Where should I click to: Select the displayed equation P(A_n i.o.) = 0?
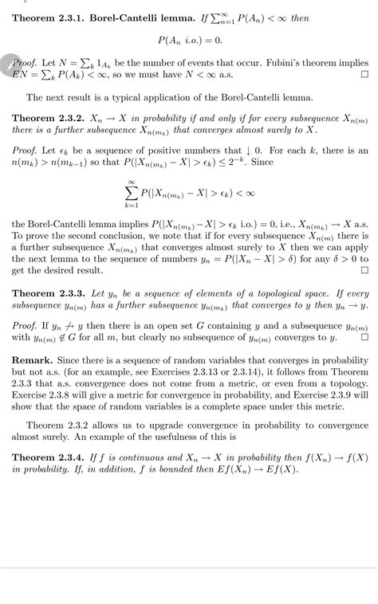click(189, 38)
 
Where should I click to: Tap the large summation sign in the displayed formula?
click(131, 193)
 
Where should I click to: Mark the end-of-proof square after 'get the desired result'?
click(364, 270)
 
